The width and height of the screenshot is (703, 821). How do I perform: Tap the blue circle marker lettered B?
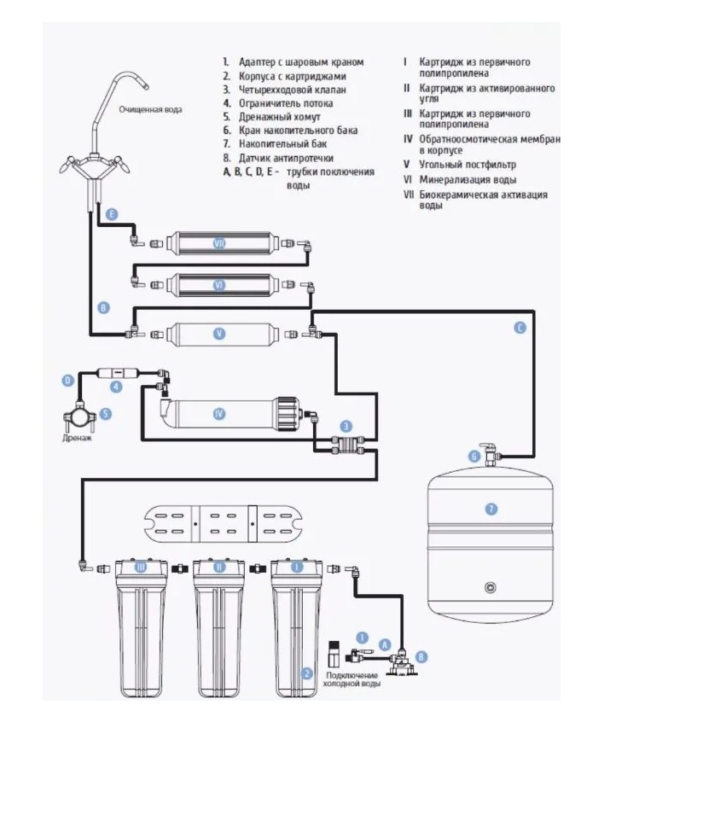103,308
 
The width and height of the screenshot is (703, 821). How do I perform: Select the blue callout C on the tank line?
520,328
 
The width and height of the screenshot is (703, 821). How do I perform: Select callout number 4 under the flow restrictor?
117,387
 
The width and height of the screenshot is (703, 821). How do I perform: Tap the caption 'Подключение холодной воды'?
351,679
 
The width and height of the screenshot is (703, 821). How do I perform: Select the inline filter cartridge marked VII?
219,243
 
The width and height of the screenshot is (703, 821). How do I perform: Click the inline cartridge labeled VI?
219,285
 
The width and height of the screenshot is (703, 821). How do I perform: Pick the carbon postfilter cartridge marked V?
219,334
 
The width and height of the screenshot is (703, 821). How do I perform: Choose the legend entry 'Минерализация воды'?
468,180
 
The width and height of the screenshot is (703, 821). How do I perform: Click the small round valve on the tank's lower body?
490,586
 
